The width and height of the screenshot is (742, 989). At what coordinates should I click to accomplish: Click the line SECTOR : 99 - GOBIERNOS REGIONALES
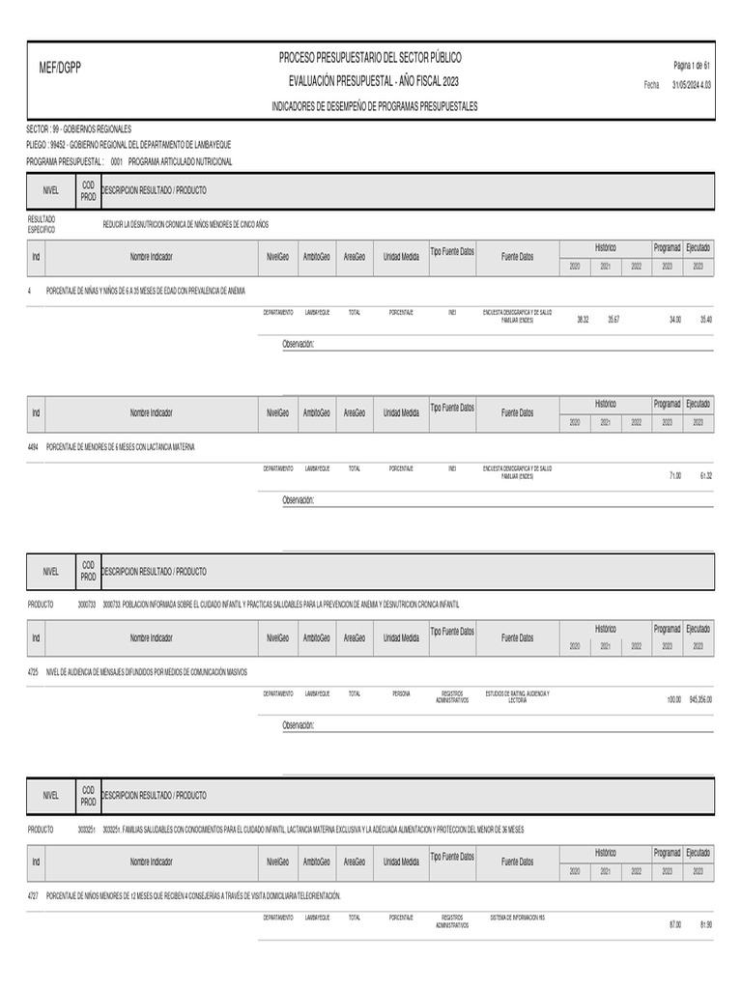pos(78,128)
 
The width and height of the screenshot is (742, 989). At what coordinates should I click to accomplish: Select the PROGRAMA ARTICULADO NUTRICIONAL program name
pos(180,162)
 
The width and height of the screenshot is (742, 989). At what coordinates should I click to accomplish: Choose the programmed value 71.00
pos(674,475)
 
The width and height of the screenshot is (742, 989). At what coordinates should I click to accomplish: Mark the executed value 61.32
pos(705,475)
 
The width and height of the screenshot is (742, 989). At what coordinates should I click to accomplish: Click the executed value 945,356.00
pos(700,699)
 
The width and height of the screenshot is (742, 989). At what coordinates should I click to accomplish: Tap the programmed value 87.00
pos(674,924)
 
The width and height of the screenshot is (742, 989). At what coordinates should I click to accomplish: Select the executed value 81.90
pos(705,924)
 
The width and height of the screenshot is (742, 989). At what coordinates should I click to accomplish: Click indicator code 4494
pos(34,447)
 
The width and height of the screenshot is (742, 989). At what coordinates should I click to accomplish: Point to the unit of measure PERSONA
pos(401,692)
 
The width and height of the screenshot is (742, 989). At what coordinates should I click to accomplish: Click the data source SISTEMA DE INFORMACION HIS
pos(517,918)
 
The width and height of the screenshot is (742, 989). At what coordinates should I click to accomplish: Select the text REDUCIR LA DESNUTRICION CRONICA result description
pos(185,223)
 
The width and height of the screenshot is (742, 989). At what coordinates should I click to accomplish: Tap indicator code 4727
pos(34,896)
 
